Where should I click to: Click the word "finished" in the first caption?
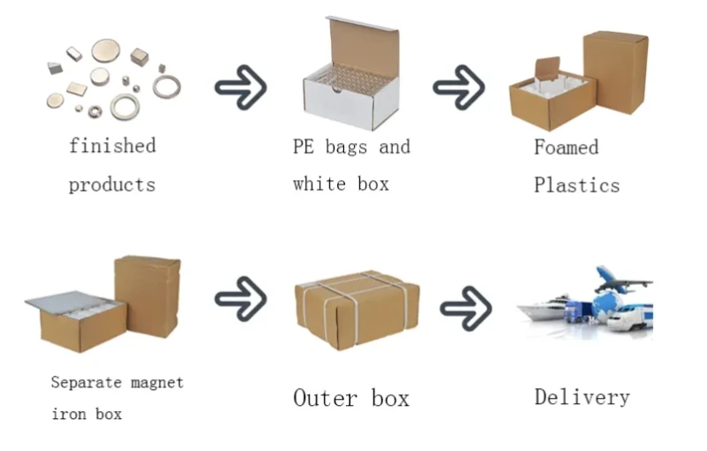pos(112,146)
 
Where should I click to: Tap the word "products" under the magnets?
pos(112,185)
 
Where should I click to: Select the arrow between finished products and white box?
pos(241,87)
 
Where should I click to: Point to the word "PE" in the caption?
pos(303,147)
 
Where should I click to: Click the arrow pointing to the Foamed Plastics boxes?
pos(459,87)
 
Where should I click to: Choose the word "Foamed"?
pos(567,147)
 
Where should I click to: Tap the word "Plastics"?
pos(576,185)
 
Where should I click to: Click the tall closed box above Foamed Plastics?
pos(616,72)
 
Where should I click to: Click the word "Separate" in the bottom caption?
pos(86,382)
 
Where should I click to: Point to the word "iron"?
pos(69,414)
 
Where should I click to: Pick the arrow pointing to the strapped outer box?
pos(241,299)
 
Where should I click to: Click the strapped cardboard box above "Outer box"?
pos(357,311)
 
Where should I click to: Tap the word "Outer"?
pos(325,398)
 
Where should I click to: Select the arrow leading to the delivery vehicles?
pos(466,309)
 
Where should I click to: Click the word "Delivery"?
pos(582,397)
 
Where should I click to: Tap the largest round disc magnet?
pos(106,50)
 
